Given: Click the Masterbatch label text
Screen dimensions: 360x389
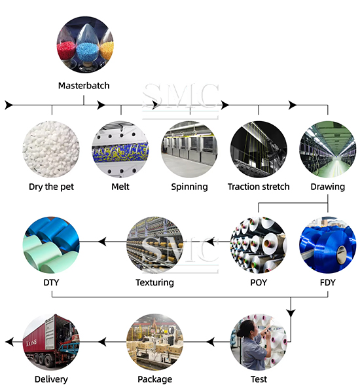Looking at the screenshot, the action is (84, 86).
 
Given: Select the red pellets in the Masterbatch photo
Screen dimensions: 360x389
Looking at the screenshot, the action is (66, 50).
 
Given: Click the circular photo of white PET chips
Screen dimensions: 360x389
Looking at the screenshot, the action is (51, 149).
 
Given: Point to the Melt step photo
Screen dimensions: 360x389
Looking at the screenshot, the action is (120, 149).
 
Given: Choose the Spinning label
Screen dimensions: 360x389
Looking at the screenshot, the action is (189, 187).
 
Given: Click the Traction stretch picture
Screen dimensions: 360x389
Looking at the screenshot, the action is (259, 149).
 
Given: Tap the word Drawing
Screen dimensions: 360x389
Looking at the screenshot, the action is (328, 187).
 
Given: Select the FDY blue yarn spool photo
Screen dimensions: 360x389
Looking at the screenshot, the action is (328, 245).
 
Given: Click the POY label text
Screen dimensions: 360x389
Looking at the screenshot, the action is (259, 282).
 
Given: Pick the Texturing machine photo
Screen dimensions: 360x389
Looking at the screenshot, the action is (155, 245).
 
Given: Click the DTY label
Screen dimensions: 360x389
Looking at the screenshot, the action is (51, 282).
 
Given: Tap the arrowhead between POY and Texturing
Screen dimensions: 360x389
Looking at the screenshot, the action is (211, 242).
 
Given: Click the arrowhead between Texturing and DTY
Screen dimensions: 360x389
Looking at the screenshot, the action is (102, 242).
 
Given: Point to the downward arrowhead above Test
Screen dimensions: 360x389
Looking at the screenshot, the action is (291, 313).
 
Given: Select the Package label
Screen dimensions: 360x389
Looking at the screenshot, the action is (155, 379).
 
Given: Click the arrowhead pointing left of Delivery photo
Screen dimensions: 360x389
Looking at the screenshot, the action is (9, 342).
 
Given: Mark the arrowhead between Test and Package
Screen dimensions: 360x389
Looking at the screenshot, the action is (211, 342).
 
